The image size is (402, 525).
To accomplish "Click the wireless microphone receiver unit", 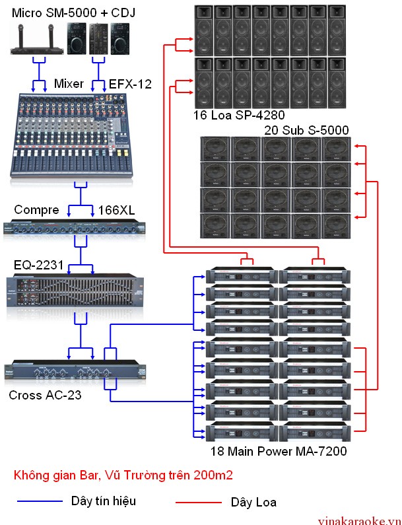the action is (37, 40).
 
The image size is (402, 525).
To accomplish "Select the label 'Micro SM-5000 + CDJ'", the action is (74, 13).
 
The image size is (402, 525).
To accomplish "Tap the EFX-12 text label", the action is (130, 84).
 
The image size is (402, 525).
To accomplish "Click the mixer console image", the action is (71, 135).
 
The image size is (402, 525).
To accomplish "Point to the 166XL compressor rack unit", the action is (75, 227).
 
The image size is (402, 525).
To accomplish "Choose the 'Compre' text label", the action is (36, 210).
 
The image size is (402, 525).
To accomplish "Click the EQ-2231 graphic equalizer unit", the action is (75, 291).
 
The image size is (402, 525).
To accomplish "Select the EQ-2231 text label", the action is (38, 265).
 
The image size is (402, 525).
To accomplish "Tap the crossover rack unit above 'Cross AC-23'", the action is (75, 370).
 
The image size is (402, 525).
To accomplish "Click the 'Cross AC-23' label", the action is (45, 395).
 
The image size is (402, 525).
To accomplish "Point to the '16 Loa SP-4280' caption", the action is (239, 115).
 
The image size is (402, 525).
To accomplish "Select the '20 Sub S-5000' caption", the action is (306, 130).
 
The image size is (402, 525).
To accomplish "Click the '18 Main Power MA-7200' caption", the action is (279, 451).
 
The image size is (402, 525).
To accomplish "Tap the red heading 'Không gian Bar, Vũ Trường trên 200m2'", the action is (123, 475).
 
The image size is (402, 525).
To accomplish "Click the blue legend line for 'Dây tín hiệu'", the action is (40, 501).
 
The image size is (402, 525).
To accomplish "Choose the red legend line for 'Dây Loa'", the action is (199, 503).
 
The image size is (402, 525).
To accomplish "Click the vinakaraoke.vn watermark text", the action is (359, 520).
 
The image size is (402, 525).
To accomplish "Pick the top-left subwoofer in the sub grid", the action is (215, 149).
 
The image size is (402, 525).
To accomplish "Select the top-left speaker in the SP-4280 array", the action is (204, 30).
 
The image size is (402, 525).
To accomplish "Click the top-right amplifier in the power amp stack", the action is (315, 275).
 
